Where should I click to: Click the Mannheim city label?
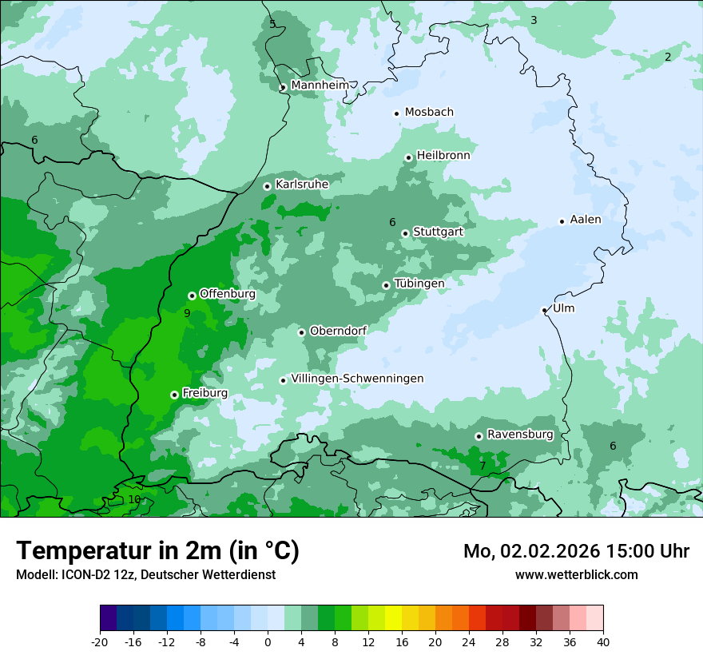[320, 85]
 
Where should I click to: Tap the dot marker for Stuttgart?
[406, 233]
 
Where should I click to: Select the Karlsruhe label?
[301, 185]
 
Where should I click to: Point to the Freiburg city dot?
[174, 395]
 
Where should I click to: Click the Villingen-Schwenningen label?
[357, 379]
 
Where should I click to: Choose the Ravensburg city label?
[519, 435]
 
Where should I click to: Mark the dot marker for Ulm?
[545, 310]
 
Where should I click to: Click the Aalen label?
[585, 220]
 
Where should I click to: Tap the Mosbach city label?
[429, 112]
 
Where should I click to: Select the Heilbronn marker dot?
[409, 157]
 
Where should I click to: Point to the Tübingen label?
[419, 284]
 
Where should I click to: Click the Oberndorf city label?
[338, 331]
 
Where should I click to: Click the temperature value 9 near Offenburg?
[187, 313]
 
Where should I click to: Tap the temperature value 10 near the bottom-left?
[134, 499]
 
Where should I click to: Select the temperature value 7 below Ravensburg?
[483, 465]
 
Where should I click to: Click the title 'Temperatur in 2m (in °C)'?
[157, 550]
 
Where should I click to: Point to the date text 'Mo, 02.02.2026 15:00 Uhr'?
[576, 551]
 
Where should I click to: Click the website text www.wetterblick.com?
[576, 574]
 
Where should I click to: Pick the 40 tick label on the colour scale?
[602, 642]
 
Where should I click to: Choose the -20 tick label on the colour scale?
[100, 642]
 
